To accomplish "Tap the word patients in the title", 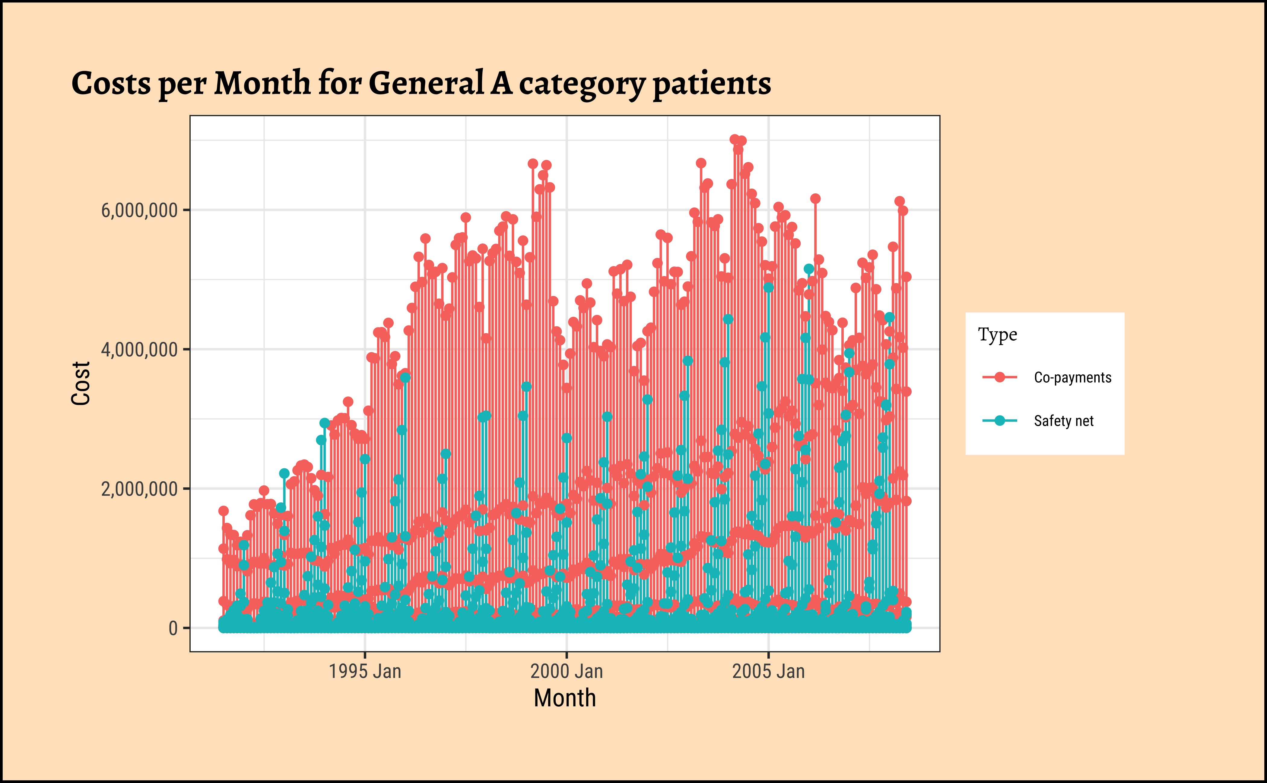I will point(712,84).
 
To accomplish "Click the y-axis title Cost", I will point(81,383).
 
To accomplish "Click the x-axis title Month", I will point(565,698).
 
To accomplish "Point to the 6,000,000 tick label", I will point(139,210).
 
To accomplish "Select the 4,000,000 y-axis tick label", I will point(139,349).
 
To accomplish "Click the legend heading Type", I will point(997,335).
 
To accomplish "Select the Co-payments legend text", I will point(1072,377).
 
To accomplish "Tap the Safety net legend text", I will point(1063,421).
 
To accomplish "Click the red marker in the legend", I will point(999,377).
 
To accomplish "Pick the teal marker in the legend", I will point(999,421).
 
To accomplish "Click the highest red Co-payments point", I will point(734,139).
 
